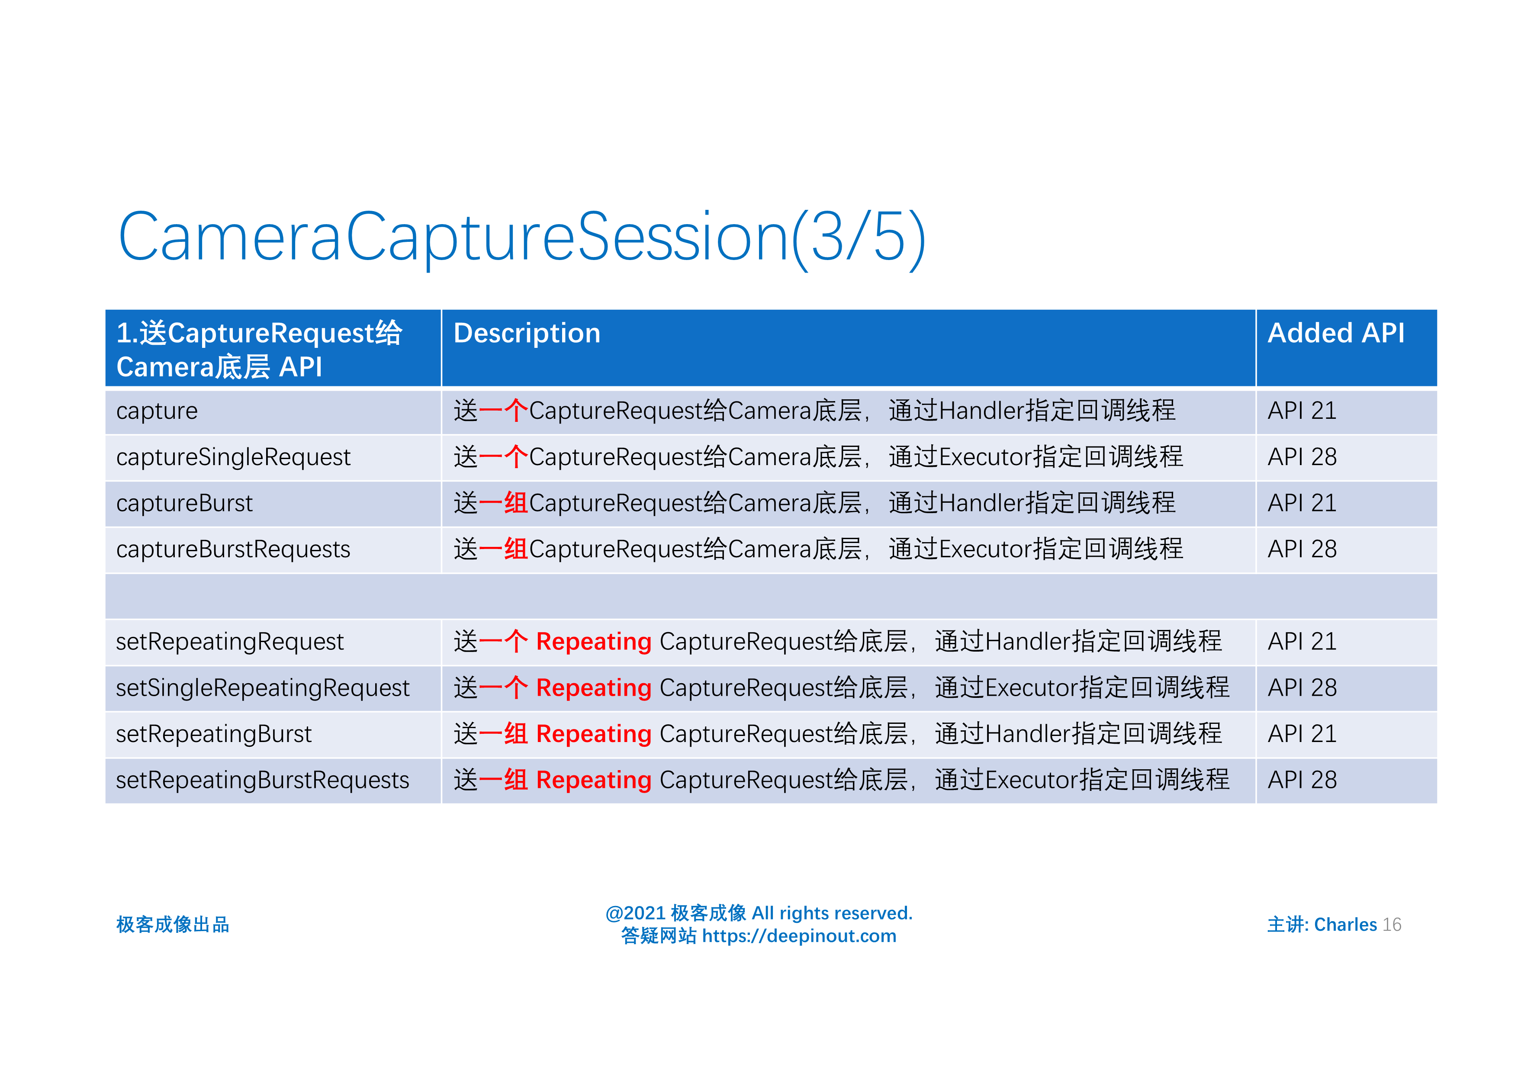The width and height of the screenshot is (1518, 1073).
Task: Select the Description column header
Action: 527,333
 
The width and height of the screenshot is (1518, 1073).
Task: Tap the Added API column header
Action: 1335,333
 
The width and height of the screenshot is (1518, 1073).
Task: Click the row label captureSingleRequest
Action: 233,457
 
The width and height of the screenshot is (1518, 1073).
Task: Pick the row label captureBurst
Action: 184,504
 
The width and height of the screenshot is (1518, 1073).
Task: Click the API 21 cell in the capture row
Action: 1302,411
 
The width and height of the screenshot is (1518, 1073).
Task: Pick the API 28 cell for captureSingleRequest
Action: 1302,457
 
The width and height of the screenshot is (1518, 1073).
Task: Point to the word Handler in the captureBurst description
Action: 981,504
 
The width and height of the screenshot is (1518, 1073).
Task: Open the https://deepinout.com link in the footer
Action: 799,936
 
